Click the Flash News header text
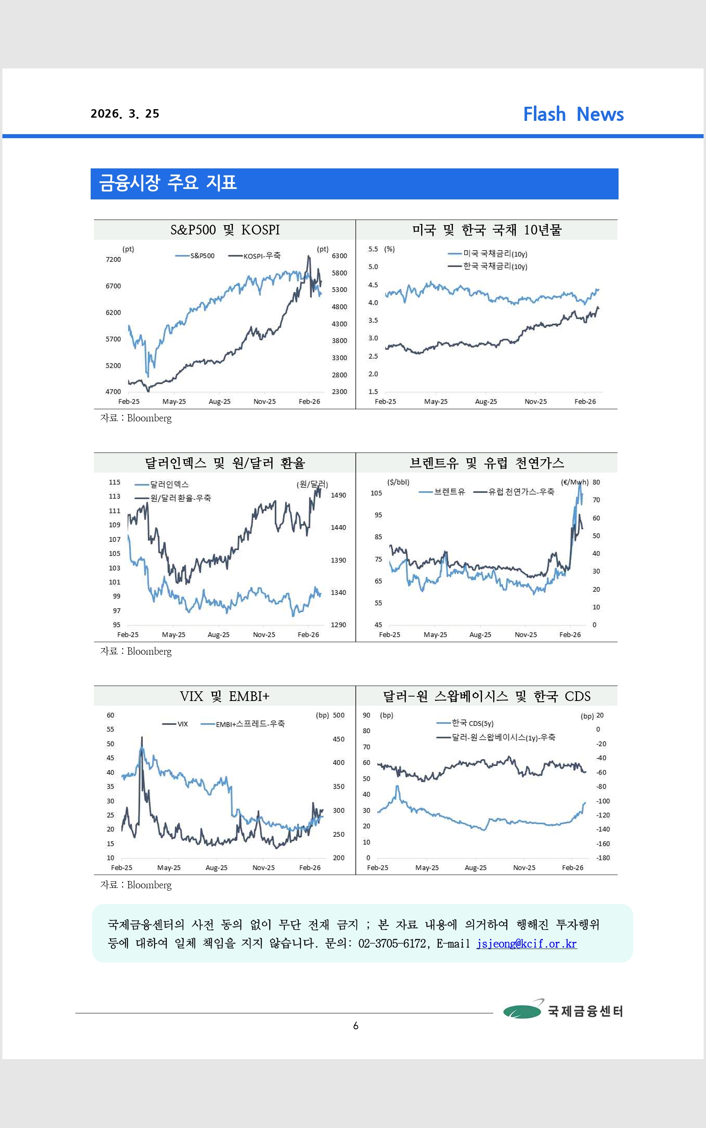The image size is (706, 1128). click(x=573, y=114)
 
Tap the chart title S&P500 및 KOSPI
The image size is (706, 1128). click(x=224, y=230)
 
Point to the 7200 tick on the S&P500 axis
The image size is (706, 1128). click(x=113, y=259)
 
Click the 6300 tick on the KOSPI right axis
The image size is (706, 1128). click(x=339, y=256)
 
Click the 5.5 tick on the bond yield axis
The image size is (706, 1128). click(x=373, y=249)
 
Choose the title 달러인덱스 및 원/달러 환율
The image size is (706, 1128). click(x=224, y=463)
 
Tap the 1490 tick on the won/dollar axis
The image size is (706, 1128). click(x=338, y=495)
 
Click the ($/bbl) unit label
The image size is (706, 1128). click(x=398, y=482)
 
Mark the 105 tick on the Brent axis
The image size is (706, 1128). click(x=376, y=493)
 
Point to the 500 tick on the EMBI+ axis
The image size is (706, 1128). click(x=338, y=715)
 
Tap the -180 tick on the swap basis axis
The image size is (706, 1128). click(x=603, y=858)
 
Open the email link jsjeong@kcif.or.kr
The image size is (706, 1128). click(x=526, y=943)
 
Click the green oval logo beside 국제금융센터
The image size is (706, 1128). click(x=522, y=1011)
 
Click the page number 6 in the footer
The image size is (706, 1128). click(x=356, y=1025)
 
